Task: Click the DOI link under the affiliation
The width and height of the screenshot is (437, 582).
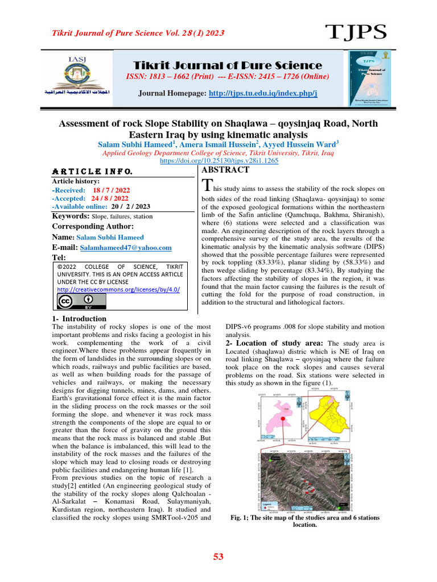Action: (218, 161)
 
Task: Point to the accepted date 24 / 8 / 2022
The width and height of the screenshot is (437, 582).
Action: (110, 198)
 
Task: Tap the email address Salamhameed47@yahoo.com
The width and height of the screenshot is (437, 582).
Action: (125, 248)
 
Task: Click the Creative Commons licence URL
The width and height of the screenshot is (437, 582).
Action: (118, 289)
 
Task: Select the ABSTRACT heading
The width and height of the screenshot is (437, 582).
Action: (226, 170)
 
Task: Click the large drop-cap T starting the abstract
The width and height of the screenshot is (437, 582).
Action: (208, 185)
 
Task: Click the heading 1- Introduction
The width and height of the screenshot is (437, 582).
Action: (79, 319)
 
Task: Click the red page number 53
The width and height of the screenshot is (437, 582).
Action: (218, 557)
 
